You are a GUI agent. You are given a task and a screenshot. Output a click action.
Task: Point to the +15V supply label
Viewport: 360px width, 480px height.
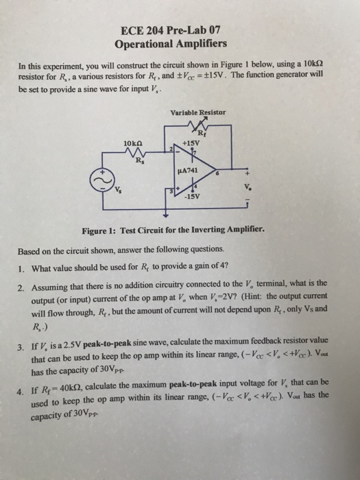click(x=191, y=144)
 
